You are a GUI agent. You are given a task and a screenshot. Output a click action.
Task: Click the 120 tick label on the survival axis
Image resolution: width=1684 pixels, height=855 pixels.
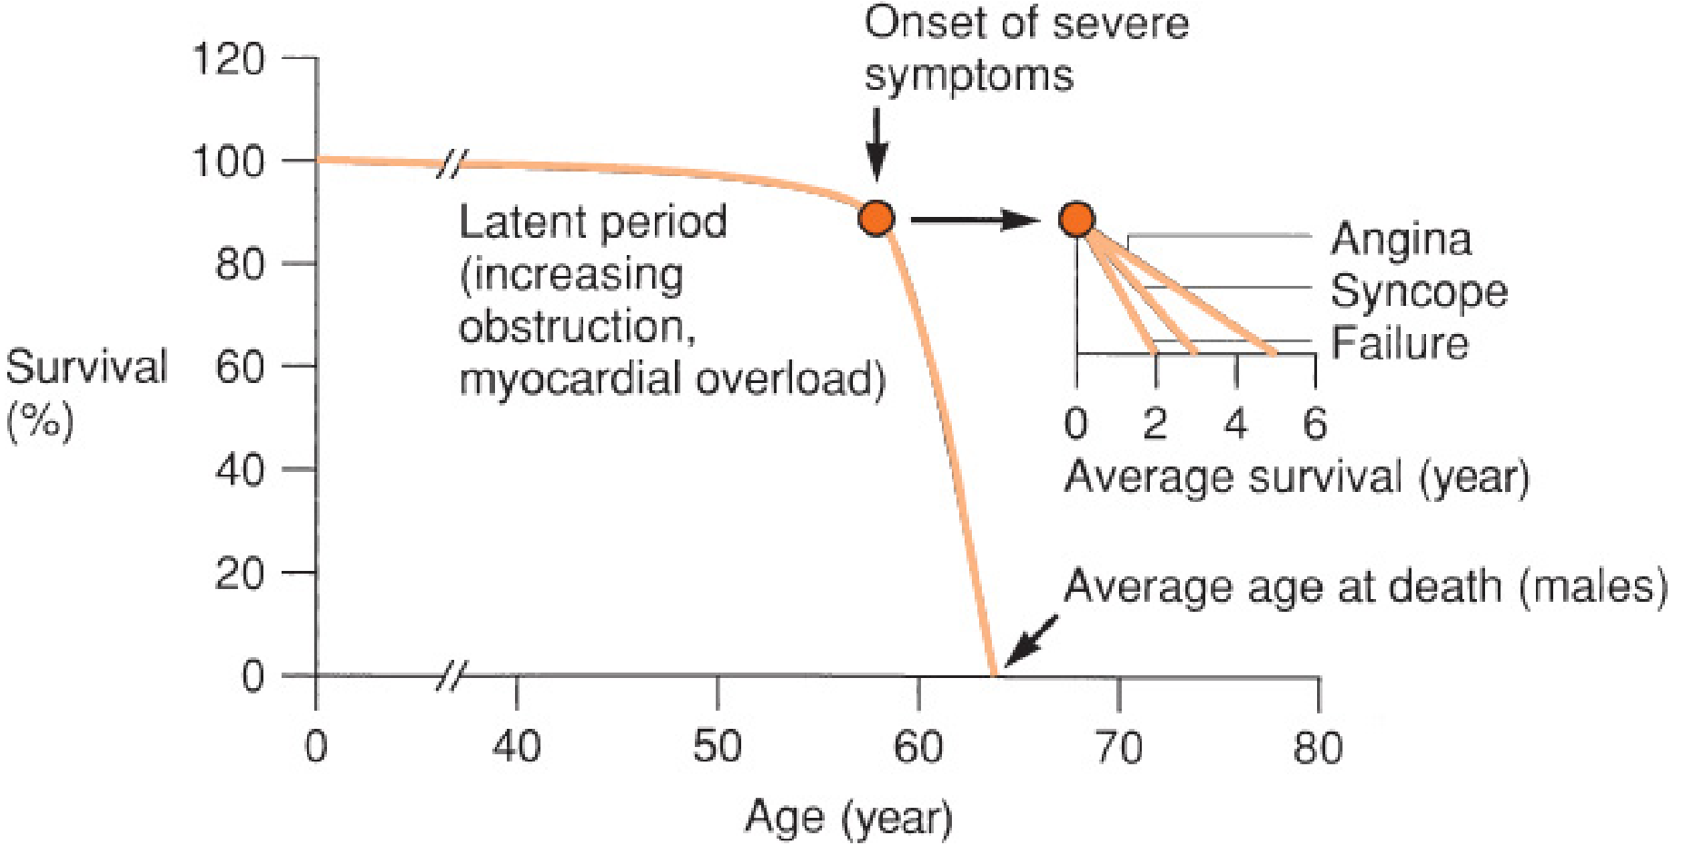(228, 60)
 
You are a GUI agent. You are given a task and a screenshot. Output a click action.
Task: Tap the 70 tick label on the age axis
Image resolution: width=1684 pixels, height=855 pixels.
(1118, 748)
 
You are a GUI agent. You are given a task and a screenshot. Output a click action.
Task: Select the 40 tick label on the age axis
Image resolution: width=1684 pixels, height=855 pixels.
(516, 748)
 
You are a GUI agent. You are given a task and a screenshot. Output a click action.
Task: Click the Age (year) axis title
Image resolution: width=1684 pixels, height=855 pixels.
(848, 818)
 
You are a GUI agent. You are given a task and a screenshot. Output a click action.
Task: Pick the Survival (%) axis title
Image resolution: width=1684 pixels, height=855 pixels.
(85, 392)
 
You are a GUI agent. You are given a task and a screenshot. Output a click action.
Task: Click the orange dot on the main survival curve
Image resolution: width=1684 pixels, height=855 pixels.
(876, 219)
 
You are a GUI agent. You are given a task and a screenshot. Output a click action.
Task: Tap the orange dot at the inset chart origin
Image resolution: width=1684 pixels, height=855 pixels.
(1076, 219)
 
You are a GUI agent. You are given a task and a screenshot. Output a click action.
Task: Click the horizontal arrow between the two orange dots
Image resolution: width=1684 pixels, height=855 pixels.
(975, 219)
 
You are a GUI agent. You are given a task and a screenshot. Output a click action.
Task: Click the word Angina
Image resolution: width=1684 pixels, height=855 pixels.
(1401, 240)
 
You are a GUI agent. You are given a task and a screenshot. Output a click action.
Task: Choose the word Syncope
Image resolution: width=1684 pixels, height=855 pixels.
(1419, 291)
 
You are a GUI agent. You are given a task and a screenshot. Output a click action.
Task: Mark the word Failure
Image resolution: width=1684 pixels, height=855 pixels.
(1400, 344)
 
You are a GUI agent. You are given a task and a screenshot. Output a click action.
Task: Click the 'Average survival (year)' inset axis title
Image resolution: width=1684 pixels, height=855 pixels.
(1296, 477)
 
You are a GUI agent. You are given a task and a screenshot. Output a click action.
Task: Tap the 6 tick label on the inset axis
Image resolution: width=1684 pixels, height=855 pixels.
(1314, 424)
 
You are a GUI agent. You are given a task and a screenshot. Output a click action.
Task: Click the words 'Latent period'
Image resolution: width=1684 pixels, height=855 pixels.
(592, 222)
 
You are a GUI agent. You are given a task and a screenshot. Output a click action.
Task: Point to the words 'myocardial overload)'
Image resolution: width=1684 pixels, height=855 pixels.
(672, 378)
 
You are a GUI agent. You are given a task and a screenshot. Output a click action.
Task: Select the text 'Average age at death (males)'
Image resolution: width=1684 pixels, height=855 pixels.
(1365, 586)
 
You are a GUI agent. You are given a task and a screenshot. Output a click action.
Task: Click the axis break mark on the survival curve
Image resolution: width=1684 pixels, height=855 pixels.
(451, 164)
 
